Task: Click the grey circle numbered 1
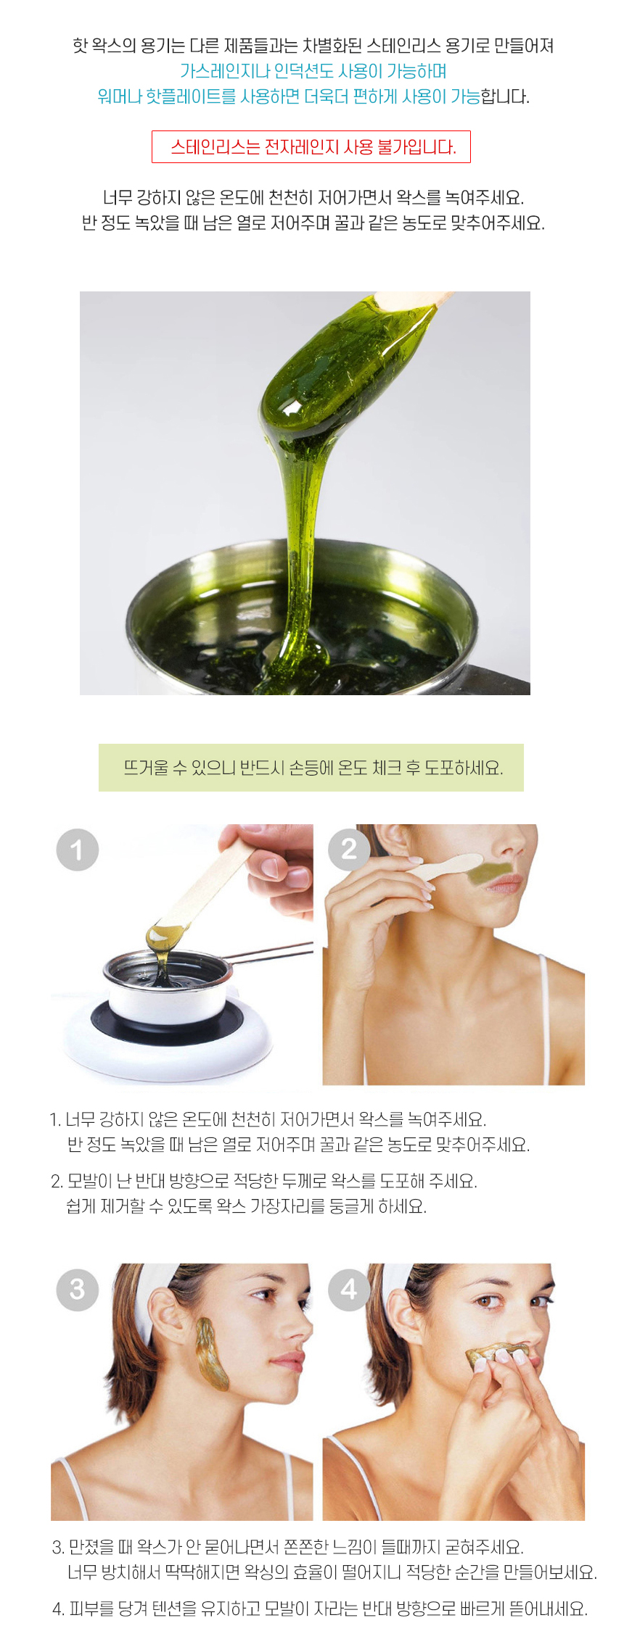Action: [78, 850]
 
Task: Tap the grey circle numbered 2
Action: [350, 849]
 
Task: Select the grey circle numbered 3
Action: [78, 1290]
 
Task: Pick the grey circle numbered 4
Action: [350, 1290]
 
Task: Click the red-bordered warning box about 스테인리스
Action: [311, 147]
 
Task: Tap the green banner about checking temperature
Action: [311, 768]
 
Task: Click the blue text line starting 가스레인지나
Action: [313, 71]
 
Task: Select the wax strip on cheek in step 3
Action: [212, 1353]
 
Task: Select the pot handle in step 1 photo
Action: [272, 955]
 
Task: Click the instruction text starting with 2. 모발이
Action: [263, 1194]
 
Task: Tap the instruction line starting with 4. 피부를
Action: [319, 1609]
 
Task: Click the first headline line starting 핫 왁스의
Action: [313, 46]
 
